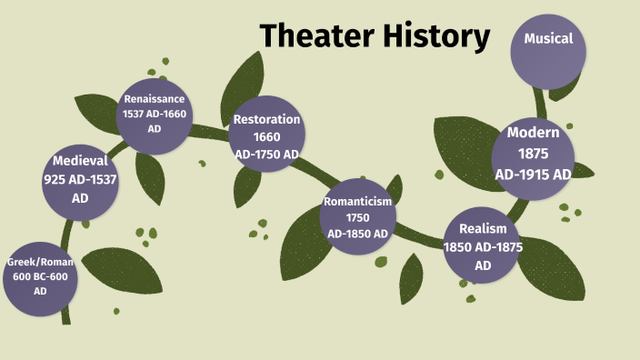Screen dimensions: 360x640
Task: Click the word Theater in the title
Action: pyautogui.click(x=309, y=36)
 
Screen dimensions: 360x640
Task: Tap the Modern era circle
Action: pyautogui.click(x=533, y=154)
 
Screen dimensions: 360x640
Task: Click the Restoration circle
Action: pyautogui.click(x=266, y=136)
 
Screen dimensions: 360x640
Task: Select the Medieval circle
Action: pyautogui.click(x=80, y=180)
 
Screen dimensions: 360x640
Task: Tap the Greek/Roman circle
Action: pyautogui.click(x=41, y=276)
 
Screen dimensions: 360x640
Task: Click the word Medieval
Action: pyautogui.click(x=80, y=161)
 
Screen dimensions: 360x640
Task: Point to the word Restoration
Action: pyautogui.click(x=266, y=119)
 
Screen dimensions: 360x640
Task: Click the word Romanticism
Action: pyautogui.click(x=357, y=202)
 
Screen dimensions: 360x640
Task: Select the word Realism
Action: pyautogui.click(x=483, y=228)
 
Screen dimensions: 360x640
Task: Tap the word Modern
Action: pyautogui.click(x=533, y=132)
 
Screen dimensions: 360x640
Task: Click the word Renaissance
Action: pyautogui.click(x=155, y=99)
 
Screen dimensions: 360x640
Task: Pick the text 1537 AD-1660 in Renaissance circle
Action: pyautogui.click(x=155, y=115)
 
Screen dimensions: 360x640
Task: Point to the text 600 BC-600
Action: pyautogui.click(x=41, y=276)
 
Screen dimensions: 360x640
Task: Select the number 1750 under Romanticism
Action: pyautogui.click(x=357, y=217)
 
